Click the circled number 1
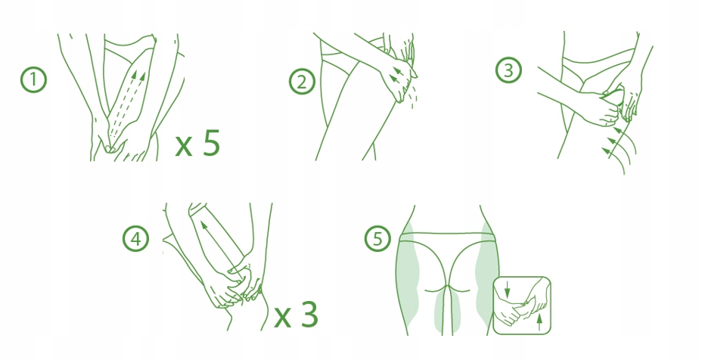[x=33, y=80]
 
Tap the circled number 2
[x=302, y=82]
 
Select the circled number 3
[x=508, y=70]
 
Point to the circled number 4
[x=135, y=239]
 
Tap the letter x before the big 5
[x=184, y=146]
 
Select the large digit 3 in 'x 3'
[x=309, y=314]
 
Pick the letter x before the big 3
[x=282, y=317]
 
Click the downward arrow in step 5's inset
[x=508, y=289]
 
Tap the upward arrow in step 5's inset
[x=539, y=322]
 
